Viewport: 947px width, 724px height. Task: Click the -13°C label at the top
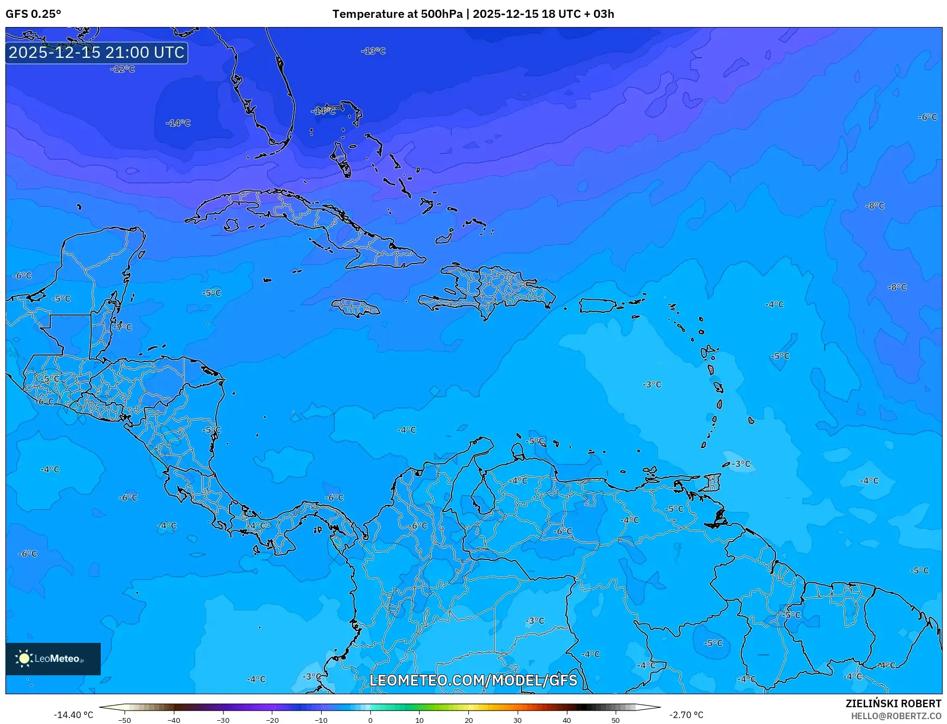[x=373, y=51]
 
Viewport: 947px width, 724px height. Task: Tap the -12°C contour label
[x=122, y=69]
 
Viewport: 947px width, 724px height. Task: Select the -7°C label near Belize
[x=123, y=327]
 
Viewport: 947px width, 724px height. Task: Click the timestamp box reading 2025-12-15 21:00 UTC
[x=96, y=52]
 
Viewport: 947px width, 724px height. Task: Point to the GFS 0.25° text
[x=33, y=14]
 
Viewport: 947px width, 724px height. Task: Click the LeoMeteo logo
[x=53, y=659]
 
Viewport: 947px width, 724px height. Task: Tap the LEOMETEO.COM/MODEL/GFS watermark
[x=473, y=680]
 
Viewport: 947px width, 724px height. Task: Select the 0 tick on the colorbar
[x=370, y=720]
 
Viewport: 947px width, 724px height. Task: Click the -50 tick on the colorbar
[x=125, y=720]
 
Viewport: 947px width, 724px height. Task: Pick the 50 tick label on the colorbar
[x=616, y=720]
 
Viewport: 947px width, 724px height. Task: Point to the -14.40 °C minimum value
[x=73, y=715]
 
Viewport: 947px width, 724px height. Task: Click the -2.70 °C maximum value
[x=686, y=715]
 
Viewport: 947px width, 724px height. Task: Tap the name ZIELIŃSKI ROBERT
[x=893, y=703]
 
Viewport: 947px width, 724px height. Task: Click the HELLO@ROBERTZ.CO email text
[x=896, y=716]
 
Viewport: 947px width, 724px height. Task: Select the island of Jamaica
[x=356, y=308]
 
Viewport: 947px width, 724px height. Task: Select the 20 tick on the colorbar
[x=468, y=720]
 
